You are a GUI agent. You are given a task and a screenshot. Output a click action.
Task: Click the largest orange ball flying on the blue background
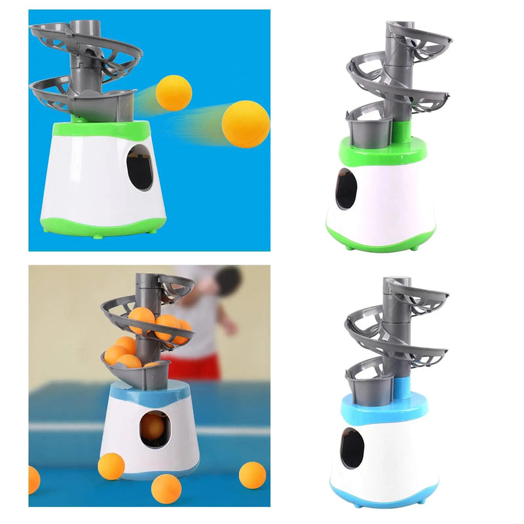pyautogui.click(x=246, y=124)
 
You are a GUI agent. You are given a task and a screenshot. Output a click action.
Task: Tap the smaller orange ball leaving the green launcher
pyautogui.click(x=174, y=92)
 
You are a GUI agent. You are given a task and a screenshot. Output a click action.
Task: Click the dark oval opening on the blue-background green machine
pyautogui.click(x=139, y=167)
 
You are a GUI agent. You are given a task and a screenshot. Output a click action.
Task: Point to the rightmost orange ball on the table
pyautogui.click(x=252, y=475)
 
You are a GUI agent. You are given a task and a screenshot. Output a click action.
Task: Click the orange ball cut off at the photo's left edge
pyautogui.click(x=33, y=479)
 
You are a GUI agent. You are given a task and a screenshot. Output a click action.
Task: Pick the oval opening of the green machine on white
pyautogui.click(x=346, y=189)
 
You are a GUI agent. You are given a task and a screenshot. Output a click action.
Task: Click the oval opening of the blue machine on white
pyautogui.click(x=352, y=448)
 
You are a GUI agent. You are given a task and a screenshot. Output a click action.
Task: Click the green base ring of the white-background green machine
pyautogui.click(x=381, y=244)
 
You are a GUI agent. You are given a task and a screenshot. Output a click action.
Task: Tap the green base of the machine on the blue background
pyautogui.click(x=98, y=226)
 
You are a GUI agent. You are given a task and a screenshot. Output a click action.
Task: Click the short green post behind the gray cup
pyautogui.click(x=402, y=132)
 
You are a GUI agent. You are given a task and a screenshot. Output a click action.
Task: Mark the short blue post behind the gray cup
pyautogui.click(x=402, y=388)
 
